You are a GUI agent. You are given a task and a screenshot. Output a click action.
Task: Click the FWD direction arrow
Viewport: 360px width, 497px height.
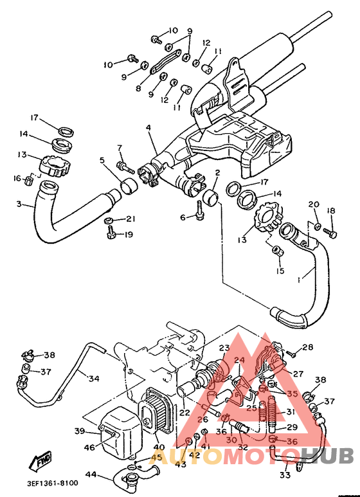tap(40, 460)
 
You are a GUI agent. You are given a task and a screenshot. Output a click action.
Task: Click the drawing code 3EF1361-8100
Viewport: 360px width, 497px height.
tap(52, 483)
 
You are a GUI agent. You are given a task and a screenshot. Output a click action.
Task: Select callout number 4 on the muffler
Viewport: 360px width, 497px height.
tap(148, 128)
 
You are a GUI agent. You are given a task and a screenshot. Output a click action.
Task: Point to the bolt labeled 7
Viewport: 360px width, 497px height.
tap(125, 167)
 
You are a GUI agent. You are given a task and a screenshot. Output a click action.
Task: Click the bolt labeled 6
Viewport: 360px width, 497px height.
tap(200, 210)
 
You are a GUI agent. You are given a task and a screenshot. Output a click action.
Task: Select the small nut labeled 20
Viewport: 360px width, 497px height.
tap(318, 226)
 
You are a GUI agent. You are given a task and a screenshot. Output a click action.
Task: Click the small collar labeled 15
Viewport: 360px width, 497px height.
tap(277, 249)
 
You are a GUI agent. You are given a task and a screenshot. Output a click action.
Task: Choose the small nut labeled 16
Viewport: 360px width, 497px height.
tap(29, 181)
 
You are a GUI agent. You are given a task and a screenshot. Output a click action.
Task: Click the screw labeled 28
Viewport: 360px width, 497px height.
tap(292, 353)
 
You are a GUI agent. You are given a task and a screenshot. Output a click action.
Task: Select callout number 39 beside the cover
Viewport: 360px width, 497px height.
tap(80, 431)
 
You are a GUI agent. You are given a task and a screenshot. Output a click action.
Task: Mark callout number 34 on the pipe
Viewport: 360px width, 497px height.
tap(94, 378)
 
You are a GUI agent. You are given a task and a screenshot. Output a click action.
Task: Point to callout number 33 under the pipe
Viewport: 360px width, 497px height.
tap(285, 474)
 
